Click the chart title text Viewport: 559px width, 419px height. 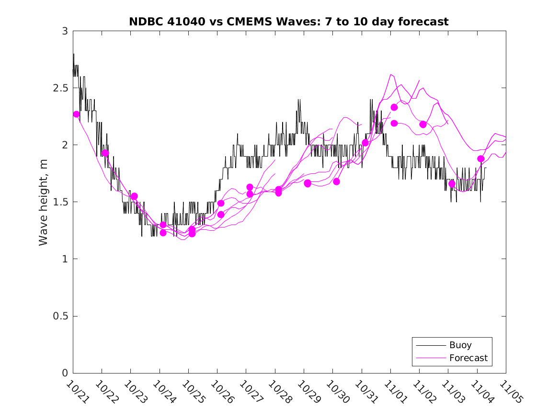click(x=288, y=22)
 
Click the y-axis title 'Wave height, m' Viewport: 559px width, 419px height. click(x=44, y=202)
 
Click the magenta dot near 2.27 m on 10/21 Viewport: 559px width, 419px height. click(x=77, y=114)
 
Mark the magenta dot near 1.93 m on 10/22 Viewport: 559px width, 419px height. click(x=105, y=153)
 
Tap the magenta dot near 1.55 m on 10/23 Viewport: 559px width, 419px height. click(x=134, y=196)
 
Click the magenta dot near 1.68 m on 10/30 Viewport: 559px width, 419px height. click(x=336, y=181)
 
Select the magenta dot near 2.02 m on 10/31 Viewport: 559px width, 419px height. click(x=365, y=143)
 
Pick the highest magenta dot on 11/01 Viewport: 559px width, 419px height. click(x=394, y=107)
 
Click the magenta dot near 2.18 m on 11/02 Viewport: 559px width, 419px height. click(x=423, y=125)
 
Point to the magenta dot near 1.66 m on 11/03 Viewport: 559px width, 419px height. click(x=452, y=184)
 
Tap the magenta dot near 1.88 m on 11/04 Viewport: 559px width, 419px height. click(x=480, y=159)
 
